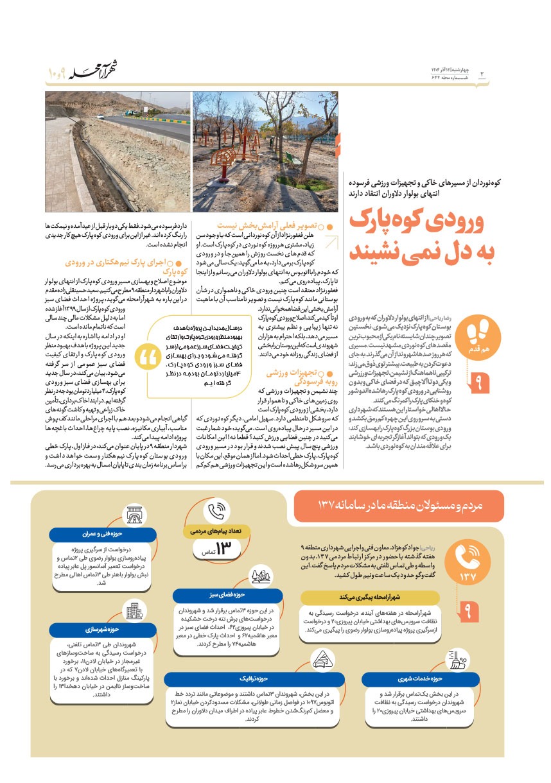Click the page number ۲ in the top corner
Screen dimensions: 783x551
coord(482,73)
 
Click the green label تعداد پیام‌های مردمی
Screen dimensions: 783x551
coord(212,531)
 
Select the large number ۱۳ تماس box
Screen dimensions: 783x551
coord(217,549)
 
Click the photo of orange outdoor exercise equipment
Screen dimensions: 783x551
coord(265,151)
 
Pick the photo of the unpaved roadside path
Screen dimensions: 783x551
coord(118,151)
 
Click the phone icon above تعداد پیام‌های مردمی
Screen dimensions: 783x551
coord(213,512)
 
